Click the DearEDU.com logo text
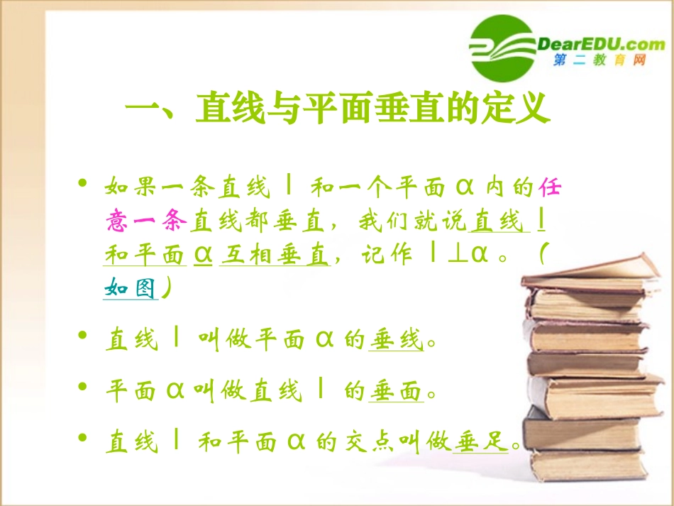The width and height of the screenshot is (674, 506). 601,44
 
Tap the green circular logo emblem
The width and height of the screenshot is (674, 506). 502,48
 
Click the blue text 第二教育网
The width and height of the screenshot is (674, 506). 600,62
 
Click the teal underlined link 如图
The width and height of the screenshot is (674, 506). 130,288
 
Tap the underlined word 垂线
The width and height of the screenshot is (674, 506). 396,341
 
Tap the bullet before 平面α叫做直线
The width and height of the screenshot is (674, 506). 84,387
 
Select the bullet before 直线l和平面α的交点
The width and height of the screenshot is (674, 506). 84,439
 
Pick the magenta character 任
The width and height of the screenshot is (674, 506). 552,188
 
